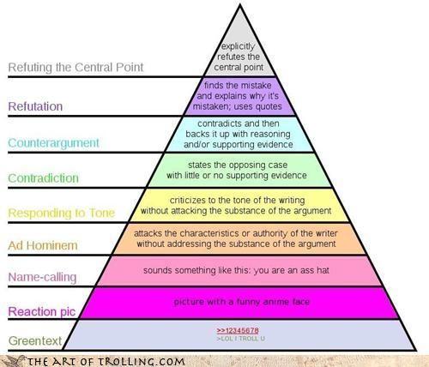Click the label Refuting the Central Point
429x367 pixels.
(76, 68)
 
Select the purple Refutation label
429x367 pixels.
(35, 106)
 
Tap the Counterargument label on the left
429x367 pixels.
(53, 143)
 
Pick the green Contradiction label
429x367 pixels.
(43, 178)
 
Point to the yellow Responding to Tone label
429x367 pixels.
(62, 213)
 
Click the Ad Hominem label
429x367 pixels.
(43, 245)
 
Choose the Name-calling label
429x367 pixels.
(42, 277)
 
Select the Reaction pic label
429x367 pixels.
(42, 311)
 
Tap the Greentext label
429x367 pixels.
(35, 340)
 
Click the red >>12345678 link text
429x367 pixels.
(238, 331)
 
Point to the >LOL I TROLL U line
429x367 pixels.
(241, 339)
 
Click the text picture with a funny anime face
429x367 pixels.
(242, 302)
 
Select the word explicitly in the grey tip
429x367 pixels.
(239, 46)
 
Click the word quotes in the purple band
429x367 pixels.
(269, 106)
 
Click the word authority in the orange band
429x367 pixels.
(269, 233)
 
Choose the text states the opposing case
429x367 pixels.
(238, 165)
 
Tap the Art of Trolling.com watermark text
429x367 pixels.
(106, 362)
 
